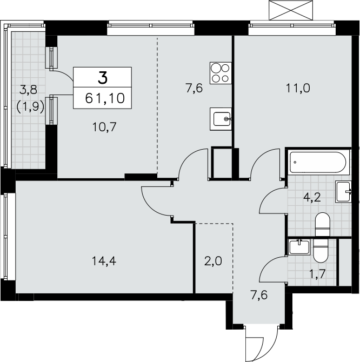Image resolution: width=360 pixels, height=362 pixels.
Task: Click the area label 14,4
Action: coord(104,262)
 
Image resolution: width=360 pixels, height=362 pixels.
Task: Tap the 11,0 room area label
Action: coord(298,88)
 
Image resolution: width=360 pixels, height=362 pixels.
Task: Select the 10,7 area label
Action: coord(104,127)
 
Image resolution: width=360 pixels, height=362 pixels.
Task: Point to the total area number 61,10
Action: coord(105,98)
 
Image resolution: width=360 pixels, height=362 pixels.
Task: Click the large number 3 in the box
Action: coord(103,78)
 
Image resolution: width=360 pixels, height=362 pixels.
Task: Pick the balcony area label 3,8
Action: coord(29,90)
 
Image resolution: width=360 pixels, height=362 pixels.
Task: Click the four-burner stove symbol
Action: coord(221,73)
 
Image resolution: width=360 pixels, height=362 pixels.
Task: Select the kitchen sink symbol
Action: coord(221,119)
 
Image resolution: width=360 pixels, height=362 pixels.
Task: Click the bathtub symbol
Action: coord(318,162)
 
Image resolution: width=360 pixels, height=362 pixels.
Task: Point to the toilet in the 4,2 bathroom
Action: coord(322,224)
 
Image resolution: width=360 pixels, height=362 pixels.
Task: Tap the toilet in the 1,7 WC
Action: coord(321,251)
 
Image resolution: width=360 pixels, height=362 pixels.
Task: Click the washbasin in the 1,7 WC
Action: coord(299,247)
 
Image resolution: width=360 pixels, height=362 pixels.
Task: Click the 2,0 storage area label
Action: coord(213,262)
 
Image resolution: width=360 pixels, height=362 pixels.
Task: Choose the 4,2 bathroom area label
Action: coord(312,198)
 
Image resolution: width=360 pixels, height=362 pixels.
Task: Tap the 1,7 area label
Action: coord(317,274)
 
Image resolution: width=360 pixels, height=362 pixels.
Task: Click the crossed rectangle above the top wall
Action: coord(291,10)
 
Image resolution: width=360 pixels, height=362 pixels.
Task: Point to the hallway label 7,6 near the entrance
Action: coord(259,295)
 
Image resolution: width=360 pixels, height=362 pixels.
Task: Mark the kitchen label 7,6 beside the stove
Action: coord(194,88)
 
